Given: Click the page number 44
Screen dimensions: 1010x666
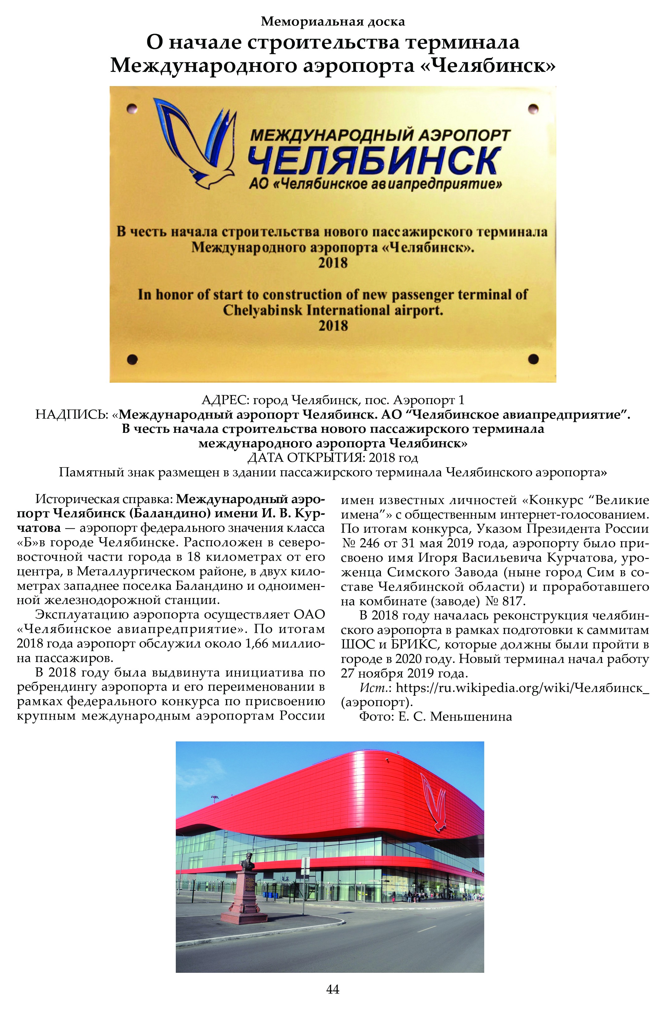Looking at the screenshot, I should click(333, 990).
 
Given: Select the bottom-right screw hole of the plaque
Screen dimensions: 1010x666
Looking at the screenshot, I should click(533, 359).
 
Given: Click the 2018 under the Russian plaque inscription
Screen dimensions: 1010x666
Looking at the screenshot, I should click(333, 263).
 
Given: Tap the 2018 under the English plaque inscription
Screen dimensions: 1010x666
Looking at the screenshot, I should click(333, 326).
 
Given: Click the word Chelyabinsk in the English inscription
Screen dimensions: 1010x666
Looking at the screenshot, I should click(261, 310).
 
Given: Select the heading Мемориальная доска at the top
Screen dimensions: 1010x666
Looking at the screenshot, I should click(333, 21).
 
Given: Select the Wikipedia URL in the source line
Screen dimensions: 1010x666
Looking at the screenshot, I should click(522, 688).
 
